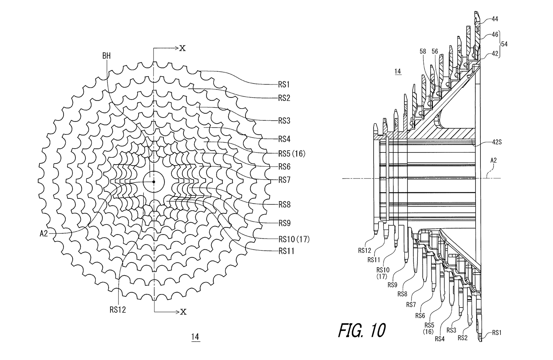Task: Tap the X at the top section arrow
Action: click(x=182, y=48)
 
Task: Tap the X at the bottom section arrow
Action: click(x=183, y=312)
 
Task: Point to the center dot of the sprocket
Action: click(x=153, y=182)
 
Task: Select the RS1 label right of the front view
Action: click(x=284, y=84)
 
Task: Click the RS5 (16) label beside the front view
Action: click(x=292, y=154)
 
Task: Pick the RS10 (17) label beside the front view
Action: click(x=293, y=239)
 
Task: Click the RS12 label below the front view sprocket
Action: click(x=118, y=310)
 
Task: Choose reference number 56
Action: click(x=434, y=51)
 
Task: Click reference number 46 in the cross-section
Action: click(x=495, y=35)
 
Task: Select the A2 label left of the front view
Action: click(x=44, y=233)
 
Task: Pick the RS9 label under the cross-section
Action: click(x=392, y=285)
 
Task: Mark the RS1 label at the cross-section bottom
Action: click(x=497, y=333)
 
